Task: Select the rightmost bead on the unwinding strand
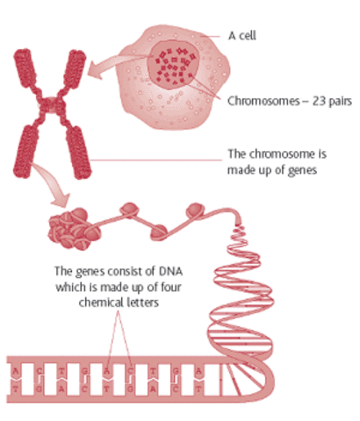pos(194,210)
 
